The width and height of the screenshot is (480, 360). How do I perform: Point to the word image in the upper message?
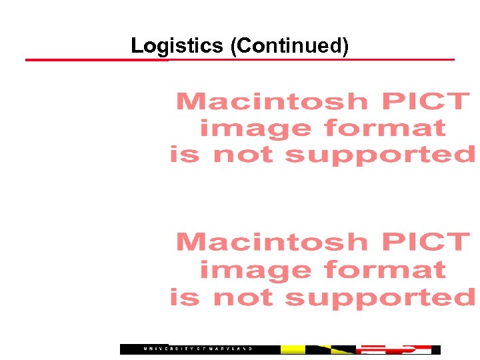[256, 128]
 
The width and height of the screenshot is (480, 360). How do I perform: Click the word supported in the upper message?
[379, 155]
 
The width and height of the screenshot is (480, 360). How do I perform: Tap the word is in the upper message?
[184, 155]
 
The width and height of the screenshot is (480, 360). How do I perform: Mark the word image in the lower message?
[256, 270]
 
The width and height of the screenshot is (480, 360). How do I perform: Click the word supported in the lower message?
[379, 298]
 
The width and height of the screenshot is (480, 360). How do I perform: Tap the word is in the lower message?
[184, 298]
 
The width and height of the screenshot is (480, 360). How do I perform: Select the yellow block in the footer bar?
[293, 349]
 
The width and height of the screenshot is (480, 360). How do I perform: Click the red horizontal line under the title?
[240, 60]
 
